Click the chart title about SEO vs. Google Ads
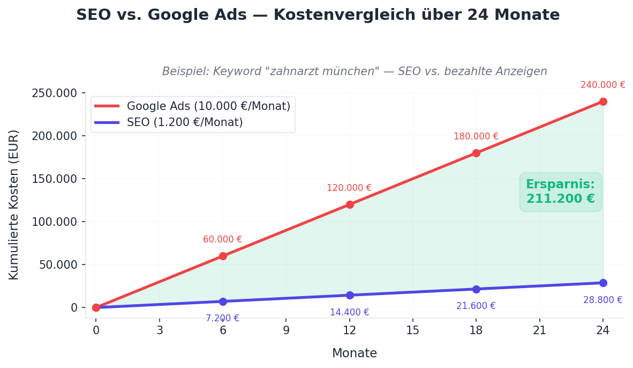point(318,15)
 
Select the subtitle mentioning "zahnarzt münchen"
point(355,71)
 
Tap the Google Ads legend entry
point(208,106)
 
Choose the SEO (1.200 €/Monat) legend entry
point(184,122)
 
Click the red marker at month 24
point(603,101)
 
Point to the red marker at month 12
point(350,204)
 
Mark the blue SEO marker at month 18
point(476,289)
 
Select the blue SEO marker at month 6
point(223,301)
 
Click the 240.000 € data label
point(603,85)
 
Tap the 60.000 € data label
point(222,240)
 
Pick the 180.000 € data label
point(476,136)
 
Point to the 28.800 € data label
point(602,300)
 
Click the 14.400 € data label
point(349,312)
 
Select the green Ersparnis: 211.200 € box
point(560,192)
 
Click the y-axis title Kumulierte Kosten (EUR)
point(14,204)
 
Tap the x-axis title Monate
point(354,354)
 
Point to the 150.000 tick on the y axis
point(55,179)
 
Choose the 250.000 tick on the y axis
point(55,93)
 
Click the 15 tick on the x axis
point(412,330)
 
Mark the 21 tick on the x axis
point(539,330)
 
